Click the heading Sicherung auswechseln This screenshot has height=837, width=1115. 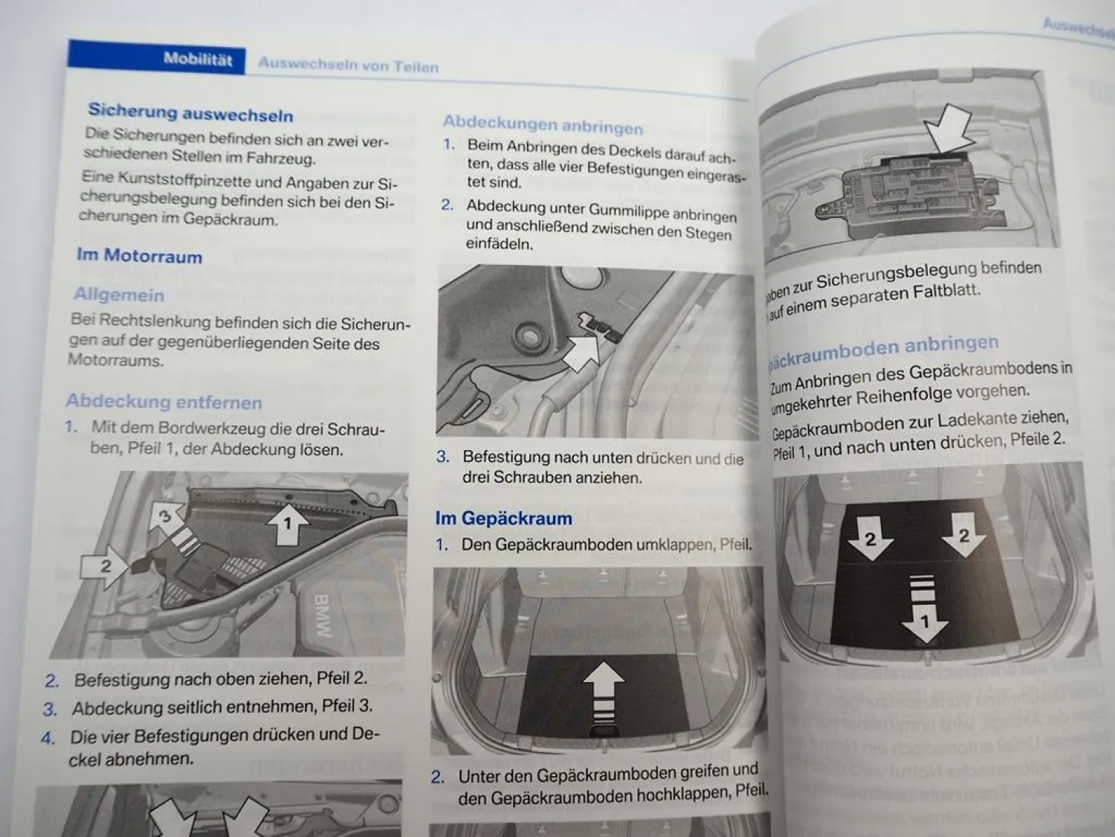click(x=190, y=113)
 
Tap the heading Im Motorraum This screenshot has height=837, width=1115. click(x=139, y=256)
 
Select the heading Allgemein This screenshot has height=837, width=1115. click(x=119, y=295)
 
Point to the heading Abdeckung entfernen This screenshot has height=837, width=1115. click(x=164, y=402)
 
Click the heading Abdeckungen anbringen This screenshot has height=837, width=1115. click(x=543, y=124)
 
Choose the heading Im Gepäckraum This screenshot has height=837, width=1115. click(x=503, y=519)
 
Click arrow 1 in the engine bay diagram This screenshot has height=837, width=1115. click(x=287, y=524)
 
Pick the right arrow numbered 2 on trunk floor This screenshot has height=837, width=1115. click(x=963, y=536)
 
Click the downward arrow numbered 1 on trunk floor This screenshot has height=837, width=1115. click(x=923, y=610)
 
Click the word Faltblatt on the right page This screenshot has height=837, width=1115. click(x=946, y=292)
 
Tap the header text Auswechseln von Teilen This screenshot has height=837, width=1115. click(x=348, y=65)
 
